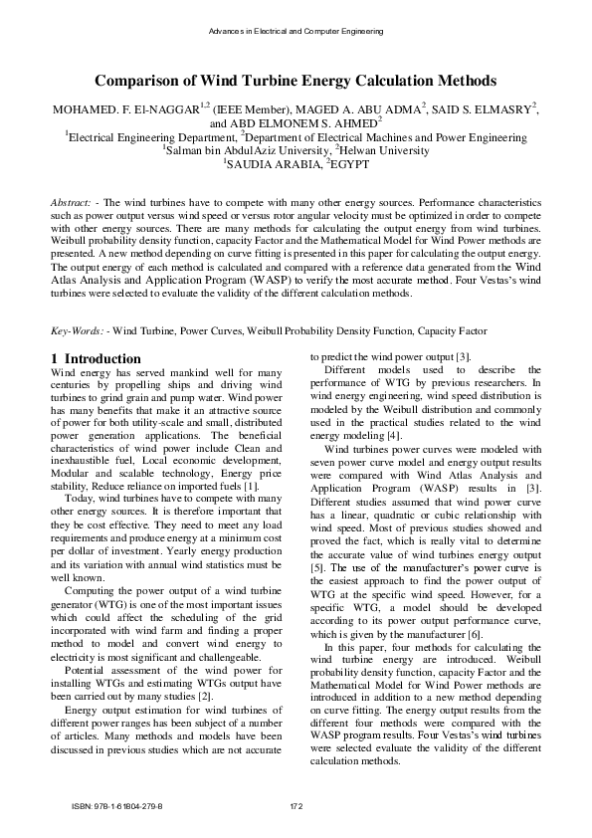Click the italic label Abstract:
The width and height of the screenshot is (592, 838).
pyautogui.click(x=73, y=203)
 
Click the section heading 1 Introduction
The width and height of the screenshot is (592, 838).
pyautogui.click(x=96, y=358)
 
